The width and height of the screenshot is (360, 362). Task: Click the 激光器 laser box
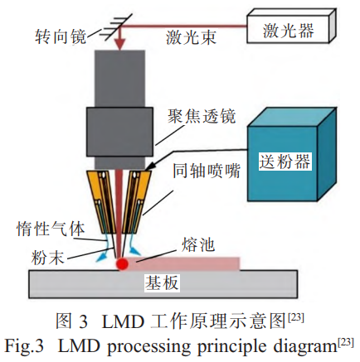[x=291, y=26]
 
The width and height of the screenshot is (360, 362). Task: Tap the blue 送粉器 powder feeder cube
[x=292, y=155]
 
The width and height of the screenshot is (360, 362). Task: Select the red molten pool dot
[x=122, y=263]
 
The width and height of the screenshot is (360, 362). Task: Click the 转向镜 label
[x=61, y=36]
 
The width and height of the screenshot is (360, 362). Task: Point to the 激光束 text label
[x=191, y=37]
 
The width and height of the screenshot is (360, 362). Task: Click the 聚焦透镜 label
[x=202, y=116]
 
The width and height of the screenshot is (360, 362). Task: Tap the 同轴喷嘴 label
[x=207, y=171]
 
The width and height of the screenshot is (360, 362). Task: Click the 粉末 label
[x=47, y=258]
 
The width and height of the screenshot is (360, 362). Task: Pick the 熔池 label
[x=198, y=244]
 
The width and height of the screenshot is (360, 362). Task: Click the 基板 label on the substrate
[x=162, y=282]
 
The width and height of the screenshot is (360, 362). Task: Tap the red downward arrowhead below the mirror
[x=120, y=45]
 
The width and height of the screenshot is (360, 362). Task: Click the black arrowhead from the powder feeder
[x=148, y=167]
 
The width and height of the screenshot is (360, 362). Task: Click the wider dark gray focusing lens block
[x=119, y=132]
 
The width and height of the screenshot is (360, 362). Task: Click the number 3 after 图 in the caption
[x=83, y=321]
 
